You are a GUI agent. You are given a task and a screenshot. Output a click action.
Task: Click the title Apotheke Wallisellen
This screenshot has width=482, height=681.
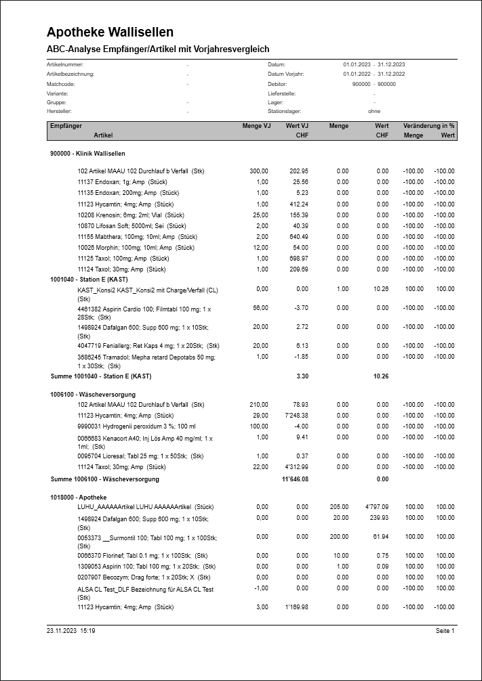[x=110, y=32]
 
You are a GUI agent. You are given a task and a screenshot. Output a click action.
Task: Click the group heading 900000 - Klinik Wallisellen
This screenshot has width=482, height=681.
[x=87, y=154]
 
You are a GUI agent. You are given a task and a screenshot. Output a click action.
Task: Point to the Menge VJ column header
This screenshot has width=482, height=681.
[x=256, y=126]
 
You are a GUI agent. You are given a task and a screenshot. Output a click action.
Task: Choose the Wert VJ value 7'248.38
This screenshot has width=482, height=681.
[x=295, y=415]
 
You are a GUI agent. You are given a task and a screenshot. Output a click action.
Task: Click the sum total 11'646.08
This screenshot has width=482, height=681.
[x=295, y=479]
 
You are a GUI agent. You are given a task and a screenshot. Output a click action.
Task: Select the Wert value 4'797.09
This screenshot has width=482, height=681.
[x=376, y=506]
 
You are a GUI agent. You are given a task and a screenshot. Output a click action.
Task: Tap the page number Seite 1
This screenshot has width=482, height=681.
[x=445, y=631]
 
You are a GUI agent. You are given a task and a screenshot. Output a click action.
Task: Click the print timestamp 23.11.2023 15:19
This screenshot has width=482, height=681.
[x=71, y=631]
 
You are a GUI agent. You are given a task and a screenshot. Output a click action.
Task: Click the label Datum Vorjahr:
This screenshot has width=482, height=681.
[x=286, y=74]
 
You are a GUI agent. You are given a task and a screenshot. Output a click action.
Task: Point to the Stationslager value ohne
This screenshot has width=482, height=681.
[x=374, y=111]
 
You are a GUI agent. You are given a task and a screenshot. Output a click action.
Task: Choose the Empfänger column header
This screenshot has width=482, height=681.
[x=66, y=126]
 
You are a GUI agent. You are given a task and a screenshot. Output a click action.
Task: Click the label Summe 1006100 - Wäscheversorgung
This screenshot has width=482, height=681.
[x=105, y=479]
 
